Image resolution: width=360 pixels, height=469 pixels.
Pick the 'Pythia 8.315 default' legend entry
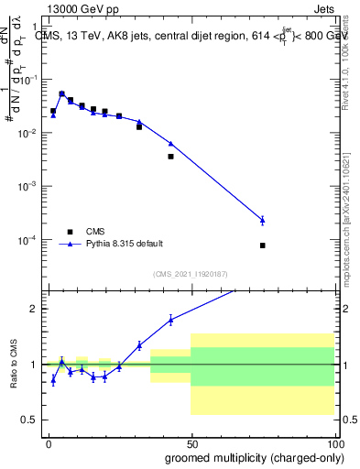[124, 244]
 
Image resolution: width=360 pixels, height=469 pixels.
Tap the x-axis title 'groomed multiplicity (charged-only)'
[250, 455]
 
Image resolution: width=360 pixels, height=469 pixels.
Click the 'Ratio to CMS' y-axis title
[14, 365]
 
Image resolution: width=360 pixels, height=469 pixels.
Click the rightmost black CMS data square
[263, 245]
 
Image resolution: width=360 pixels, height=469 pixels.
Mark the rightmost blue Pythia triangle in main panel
[263, 220]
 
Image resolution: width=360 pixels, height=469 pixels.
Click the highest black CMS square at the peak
[62, 94]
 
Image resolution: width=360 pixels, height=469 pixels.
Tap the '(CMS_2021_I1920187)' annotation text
[191, 274]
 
